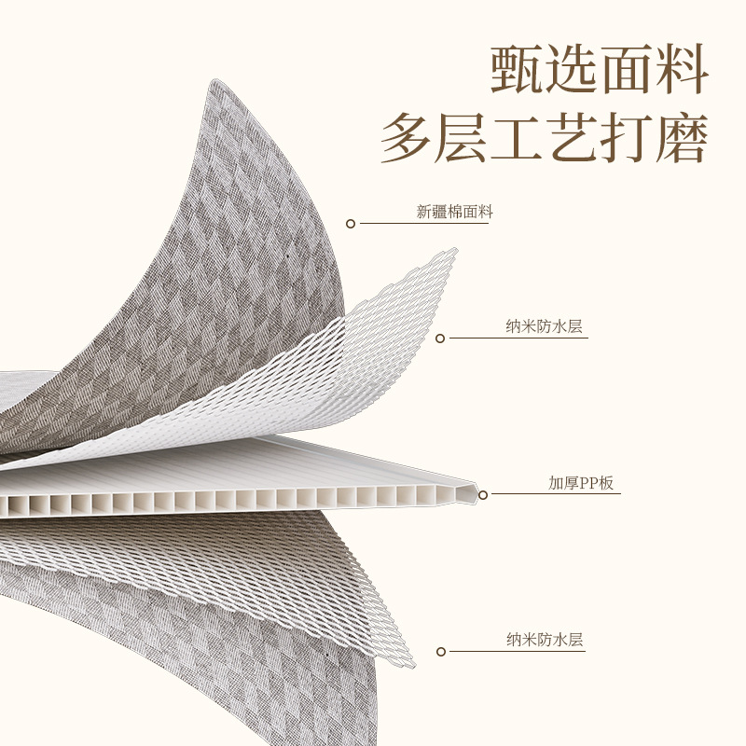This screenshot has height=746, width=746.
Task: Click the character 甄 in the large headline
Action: point(518,67)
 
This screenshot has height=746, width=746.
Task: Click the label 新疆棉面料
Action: point(454,213)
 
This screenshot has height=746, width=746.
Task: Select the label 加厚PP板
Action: point(581,483)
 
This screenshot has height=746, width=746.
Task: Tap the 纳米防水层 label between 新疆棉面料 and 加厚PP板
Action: point(545,326)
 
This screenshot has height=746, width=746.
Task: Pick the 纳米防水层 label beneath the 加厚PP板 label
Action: point(545,640)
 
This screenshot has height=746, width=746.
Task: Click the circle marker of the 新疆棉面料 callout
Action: point(351,224)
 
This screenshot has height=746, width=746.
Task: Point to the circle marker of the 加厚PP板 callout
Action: point(483,494)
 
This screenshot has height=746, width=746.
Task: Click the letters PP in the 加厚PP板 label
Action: point(591,483)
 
